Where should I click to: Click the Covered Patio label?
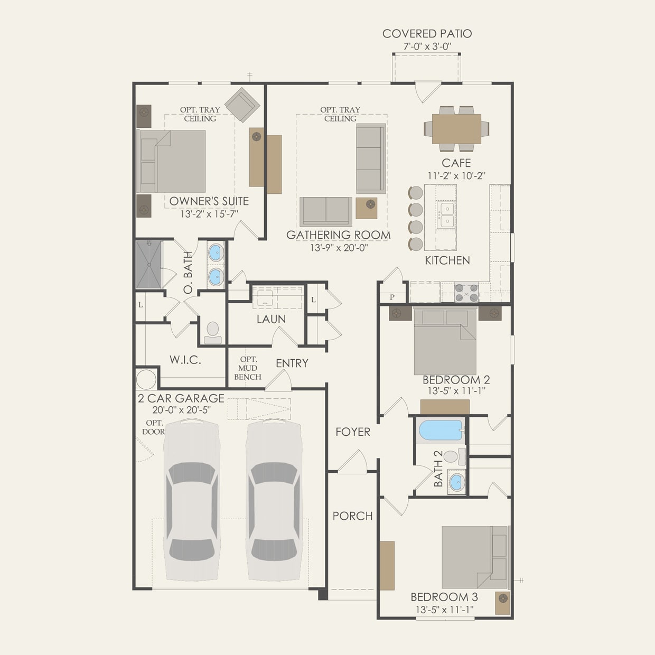coord(427,34)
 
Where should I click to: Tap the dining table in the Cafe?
coord(456,129)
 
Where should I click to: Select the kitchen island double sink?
coord(446,216)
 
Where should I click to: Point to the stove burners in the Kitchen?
coord(466,292)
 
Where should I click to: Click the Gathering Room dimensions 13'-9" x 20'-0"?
coord(339,248)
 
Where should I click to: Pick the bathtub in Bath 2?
coord(441,430)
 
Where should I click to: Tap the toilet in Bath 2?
coord(454,456)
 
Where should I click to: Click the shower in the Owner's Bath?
coord(149,265)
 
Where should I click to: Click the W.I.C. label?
coord(185,360)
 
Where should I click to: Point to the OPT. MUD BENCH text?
coord(248,368)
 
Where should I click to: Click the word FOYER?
coord(353,432)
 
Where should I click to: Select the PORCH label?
coord(352,516)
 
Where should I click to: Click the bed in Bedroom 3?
coord(475,557)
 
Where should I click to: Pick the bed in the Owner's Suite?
coord(172,162)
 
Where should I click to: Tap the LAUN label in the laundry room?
coord(271,319)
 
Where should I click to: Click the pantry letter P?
coord(392,297)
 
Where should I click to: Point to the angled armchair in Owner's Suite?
coord(242,105)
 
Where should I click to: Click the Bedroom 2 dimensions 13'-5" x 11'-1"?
coord(456,391)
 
